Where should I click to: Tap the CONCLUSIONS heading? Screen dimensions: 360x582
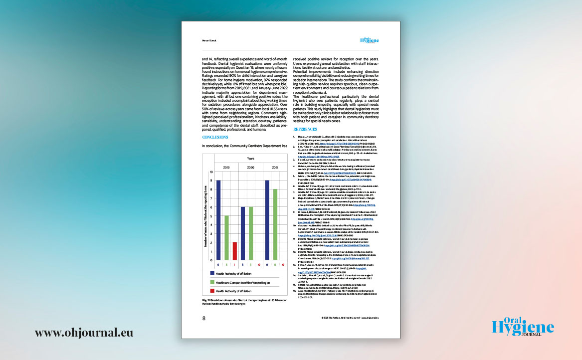pyautogui.click(x=215, y=137)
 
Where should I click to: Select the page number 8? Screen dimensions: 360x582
pyautogui.click(x=203, y=318)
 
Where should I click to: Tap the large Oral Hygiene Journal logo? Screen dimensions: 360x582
pyautogui.click(x=522, y=327)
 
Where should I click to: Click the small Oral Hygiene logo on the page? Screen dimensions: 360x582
pyautogui.click(x=369, y=41)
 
